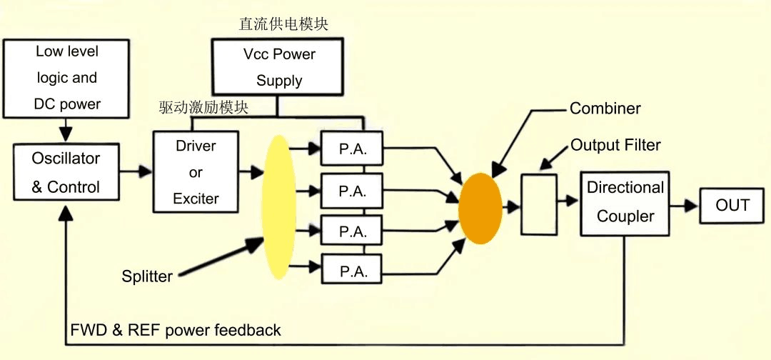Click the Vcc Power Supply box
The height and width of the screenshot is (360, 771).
279,67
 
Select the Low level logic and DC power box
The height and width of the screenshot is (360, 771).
67,78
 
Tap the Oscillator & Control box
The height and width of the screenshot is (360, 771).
66,172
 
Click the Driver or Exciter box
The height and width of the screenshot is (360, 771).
196,172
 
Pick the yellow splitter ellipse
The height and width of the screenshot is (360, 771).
279,208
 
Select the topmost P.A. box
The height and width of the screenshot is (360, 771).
352,150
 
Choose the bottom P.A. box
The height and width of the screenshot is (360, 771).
352,271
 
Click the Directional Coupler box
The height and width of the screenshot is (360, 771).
625,203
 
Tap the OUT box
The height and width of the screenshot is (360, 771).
732,206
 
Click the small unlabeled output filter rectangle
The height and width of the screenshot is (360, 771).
539,204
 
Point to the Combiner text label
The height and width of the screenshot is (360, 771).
605,109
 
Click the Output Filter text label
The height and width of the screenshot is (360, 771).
615,145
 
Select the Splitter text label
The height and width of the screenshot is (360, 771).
147,276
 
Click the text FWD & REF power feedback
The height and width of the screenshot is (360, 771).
176,330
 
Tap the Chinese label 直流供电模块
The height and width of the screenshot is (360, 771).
283,24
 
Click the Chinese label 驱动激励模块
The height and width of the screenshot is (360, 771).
203,108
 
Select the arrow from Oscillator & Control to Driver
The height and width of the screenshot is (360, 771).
136,171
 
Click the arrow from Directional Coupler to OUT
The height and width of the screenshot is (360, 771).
683,206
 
